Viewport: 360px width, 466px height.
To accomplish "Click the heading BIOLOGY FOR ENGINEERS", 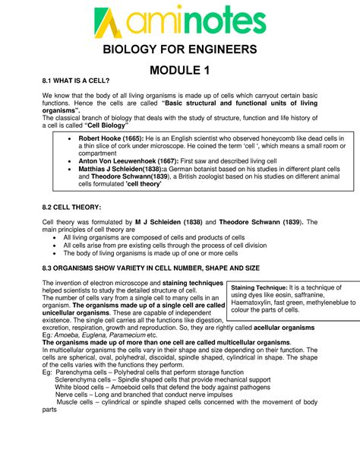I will [x=180, y=50].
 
